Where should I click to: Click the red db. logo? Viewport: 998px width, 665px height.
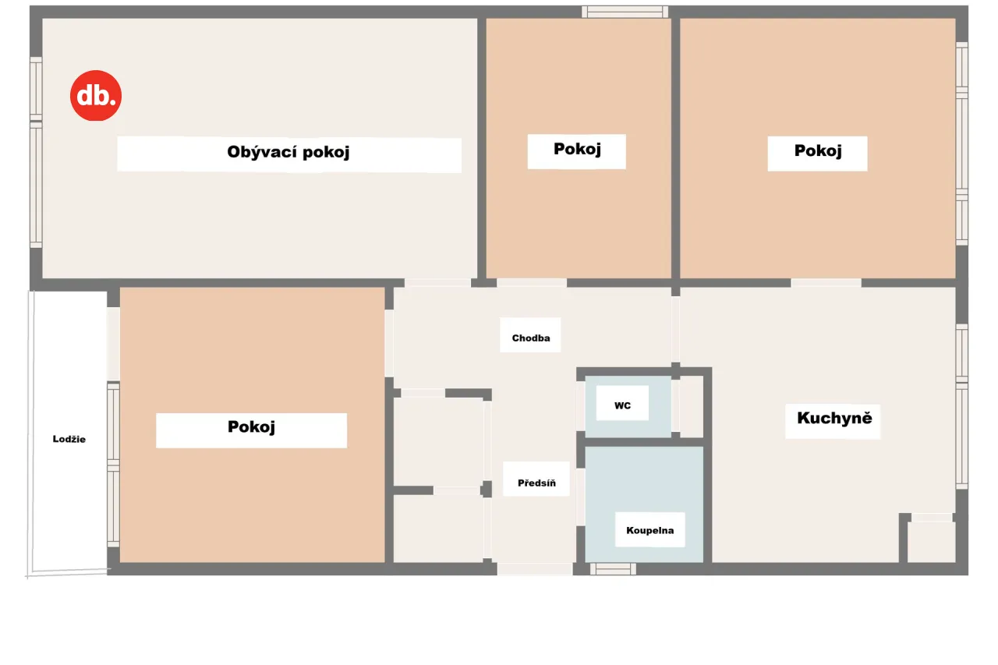point(96,95)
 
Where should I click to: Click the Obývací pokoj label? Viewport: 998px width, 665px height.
point(288,152)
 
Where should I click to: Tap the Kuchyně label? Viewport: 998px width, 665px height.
point(834,418)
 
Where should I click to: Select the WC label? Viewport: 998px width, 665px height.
point(622,405)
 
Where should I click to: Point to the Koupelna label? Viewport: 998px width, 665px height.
point(650,530)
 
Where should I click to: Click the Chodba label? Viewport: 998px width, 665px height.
point(531,338)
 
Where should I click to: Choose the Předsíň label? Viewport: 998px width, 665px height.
point(536,483)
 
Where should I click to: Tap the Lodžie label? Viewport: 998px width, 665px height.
point(69,439)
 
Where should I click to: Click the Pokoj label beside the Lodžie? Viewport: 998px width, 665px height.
point(251,426)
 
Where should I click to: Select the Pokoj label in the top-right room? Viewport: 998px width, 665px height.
point(818,150)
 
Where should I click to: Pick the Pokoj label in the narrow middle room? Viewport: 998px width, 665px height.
point(577,149)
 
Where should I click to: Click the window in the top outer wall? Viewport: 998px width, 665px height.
point(625,12)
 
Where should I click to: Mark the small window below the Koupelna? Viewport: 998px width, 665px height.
point(613,569)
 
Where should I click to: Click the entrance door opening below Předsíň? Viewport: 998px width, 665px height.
point(535,569)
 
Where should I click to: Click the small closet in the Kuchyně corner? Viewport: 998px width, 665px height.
point(931,542)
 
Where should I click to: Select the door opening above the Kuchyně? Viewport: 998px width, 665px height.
point(826,283)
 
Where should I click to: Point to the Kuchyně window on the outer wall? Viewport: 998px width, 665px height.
point(961,407)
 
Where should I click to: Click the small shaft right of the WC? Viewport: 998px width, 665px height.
point(692,407)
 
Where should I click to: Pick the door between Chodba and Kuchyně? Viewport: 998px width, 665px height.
point(675,330)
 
